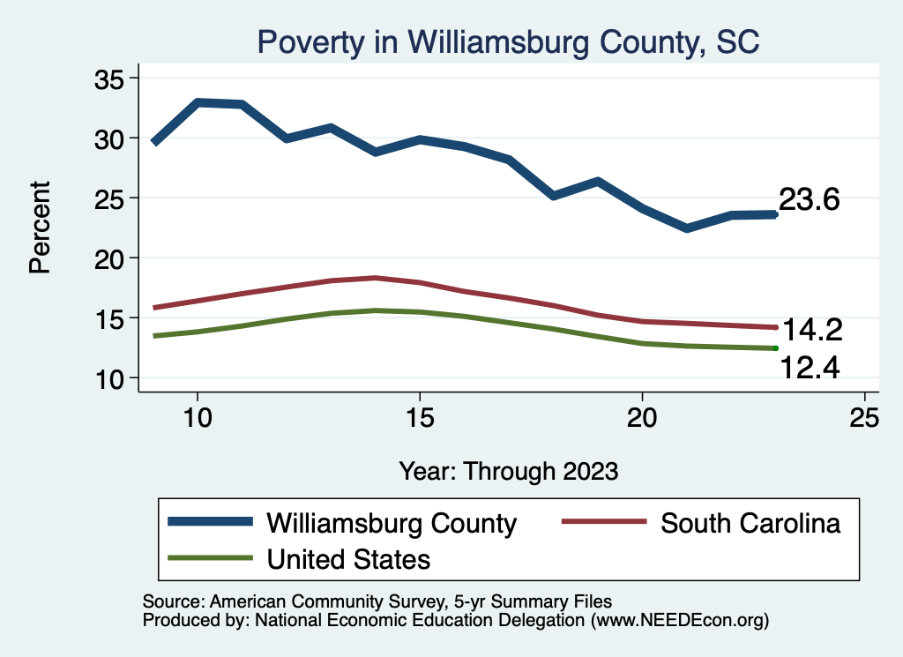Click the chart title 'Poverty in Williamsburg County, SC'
507,41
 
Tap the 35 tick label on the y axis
108,78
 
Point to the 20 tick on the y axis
108,258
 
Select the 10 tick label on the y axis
108,377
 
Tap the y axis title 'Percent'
40,228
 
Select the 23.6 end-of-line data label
809,200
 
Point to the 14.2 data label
812,331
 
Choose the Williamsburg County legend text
392,523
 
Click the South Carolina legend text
750,523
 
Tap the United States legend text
348,558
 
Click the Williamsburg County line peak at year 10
198,103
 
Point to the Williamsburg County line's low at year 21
686,228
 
